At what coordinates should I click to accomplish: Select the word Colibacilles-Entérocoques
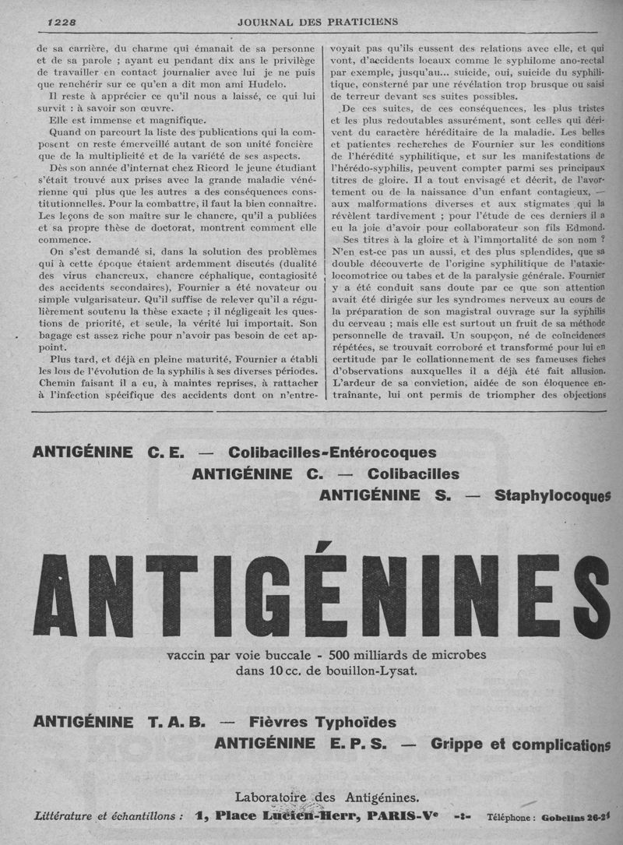pyautogui.click(x=332, y=452)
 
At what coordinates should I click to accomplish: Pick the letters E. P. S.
pyautogui.click(x=357, y=744)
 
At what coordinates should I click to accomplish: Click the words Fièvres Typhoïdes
pyautogui.click(x=322, y=722)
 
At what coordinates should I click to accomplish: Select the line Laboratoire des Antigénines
pyautogui.click(x=326, y=796)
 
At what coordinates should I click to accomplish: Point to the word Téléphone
pyautogui.click(x=510, y=819)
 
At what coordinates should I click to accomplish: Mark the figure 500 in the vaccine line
pyautogui.click(x=343, y=653)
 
